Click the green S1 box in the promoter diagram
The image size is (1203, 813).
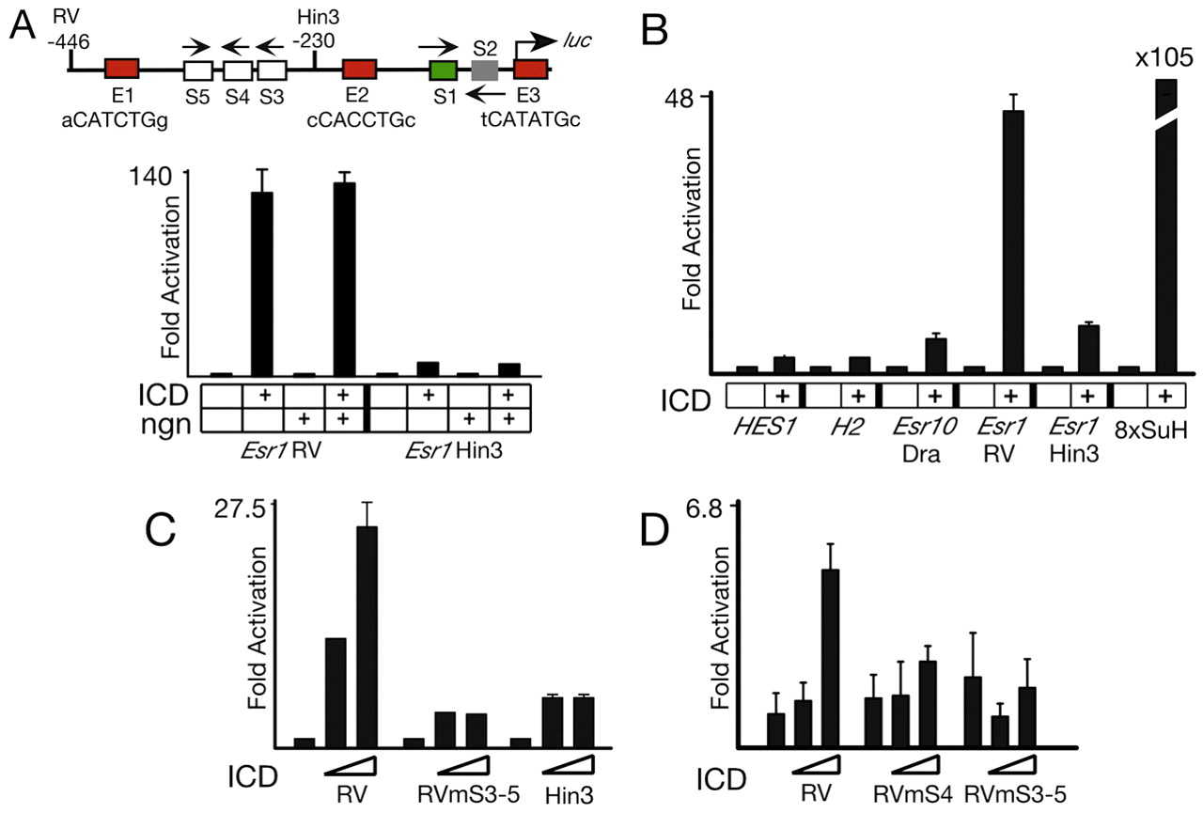click(x=442, y=70)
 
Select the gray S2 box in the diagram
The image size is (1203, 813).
click(x=484, y=70)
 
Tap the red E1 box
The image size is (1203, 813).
click(x=122, y=69)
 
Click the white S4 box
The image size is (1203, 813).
click(x=237, y=70)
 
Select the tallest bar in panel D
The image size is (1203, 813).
click(x=831, y=657)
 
